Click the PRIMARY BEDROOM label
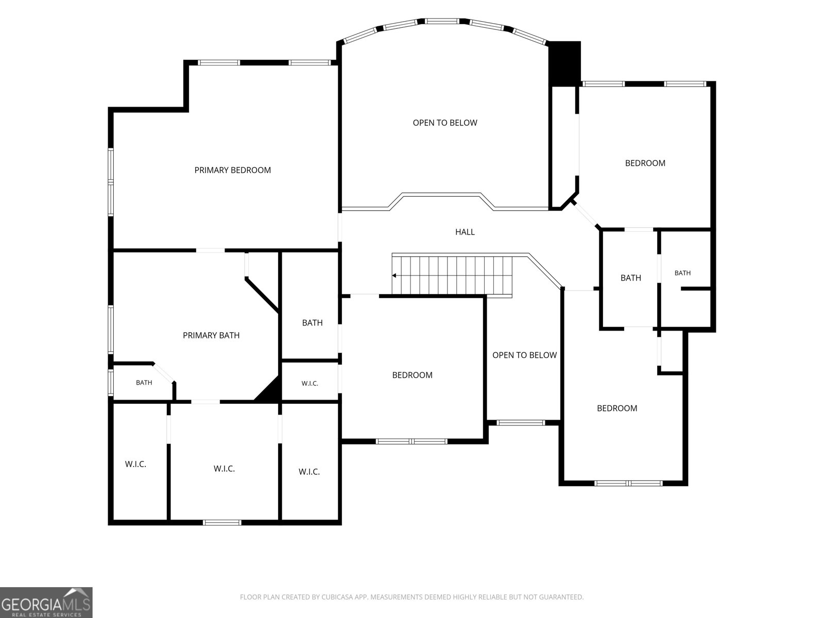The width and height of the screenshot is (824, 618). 232,170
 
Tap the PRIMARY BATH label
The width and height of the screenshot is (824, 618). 211,335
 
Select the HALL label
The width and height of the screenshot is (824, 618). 465,232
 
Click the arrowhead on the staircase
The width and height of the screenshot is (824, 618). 394,276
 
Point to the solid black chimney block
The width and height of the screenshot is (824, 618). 564,64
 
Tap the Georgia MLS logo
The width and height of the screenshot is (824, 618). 46,603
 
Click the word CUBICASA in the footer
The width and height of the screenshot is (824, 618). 337,597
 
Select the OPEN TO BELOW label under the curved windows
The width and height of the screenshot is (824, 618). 445,123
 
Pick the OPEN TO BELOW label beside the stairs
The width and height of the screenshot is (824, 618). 524,355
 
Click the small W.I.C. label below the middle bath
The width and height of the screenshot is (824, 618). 310,384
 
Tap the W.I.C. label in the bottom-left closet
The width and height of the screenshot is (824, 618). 135,464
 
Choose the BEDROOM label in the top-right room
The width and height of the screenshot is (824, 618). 645,163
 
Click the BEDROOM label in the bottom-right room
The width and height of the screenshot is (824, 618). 617,408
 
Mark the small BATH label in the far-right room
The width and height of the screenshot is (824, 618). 682,273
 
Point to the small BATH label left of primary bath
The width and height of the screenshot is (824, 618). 144,383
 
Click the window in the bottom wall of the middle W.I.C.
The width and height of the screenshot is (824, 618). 222,522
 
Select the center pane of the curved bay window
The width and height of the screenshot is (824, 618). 442,22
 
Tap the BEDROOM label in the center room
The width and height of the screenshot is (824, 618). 412,375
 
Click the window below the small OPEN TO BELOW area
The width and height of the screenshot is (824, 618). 521,423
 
